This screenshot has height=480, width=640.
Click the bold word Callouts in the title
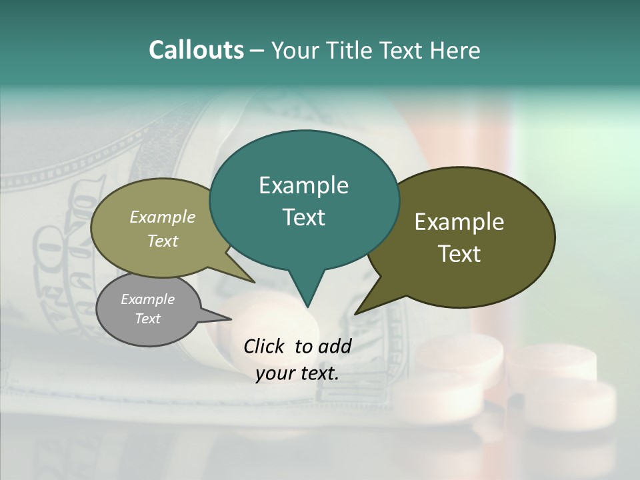[196, 50]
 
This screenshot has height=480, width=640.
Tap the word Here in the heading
[456, 51]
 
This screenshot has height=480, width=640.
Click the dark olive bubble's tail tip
[355, 313]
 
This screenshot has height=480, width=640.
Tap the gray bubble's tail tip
[231, 319]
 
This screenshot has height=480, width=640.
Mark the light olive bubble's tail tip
[254, 282]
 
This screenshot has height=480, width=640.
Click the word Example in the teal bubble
[303, 185]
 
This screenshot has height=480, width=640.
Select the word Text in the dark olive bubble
[459, 253]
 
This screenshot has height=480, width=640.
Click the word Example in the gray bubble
[147, 299]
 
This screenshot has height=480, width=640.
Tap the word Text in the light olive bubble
[163, 241]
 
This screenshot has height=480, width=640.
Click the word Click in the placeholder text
[265, 346]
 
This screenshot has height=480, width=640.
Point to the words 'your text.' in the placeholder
[297, 373]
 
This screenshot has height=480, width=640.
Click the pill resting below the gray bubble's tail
[263, 313]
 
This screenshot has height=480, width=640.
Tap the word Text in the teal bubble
[304, 217]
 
